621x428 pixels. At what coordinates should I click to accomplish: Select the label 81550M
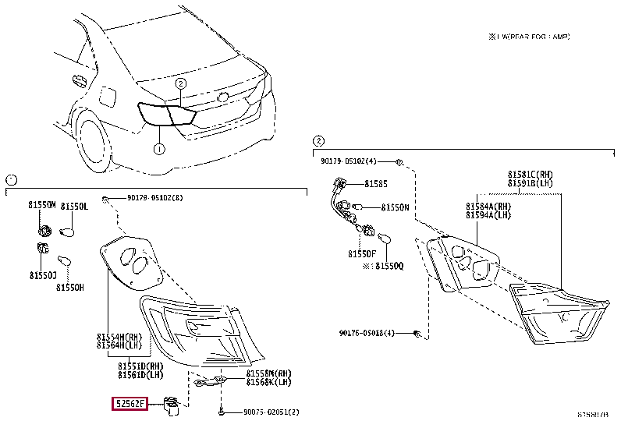click(43, 205)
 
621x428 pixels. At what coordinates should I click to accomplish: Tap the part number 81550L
click(75, 205)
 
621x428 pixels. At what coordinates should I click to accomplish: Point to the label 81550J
click(44, 275)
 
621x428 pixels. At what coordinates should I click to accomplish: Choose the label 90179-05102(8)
click(149, 199)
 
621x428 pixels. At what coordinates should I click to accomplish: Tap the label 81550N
click(395, 208)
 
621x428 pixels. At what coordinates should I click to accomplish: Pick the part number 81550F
click(362, 253)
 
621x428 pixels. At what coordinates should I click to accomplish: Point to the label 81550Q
click(388, 266)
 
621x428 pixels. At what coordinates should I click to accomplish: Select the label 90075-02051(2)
click(270, 412)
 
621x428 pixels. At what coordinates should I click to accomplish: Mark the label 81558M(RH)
click(268, 374)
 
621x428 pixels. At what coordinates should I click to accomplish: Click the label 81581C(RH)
click(530, 174)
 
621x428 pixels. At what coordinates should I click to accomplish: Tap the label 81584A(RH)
click(488, 205)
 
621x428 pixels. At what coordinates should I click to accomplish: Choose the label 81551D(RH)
click(140, 365)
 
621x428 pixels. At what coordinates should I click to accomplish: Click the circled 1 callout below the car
click(158, 149)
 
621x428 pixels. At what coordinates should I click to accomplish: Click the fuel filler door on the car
click(108, 99)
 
